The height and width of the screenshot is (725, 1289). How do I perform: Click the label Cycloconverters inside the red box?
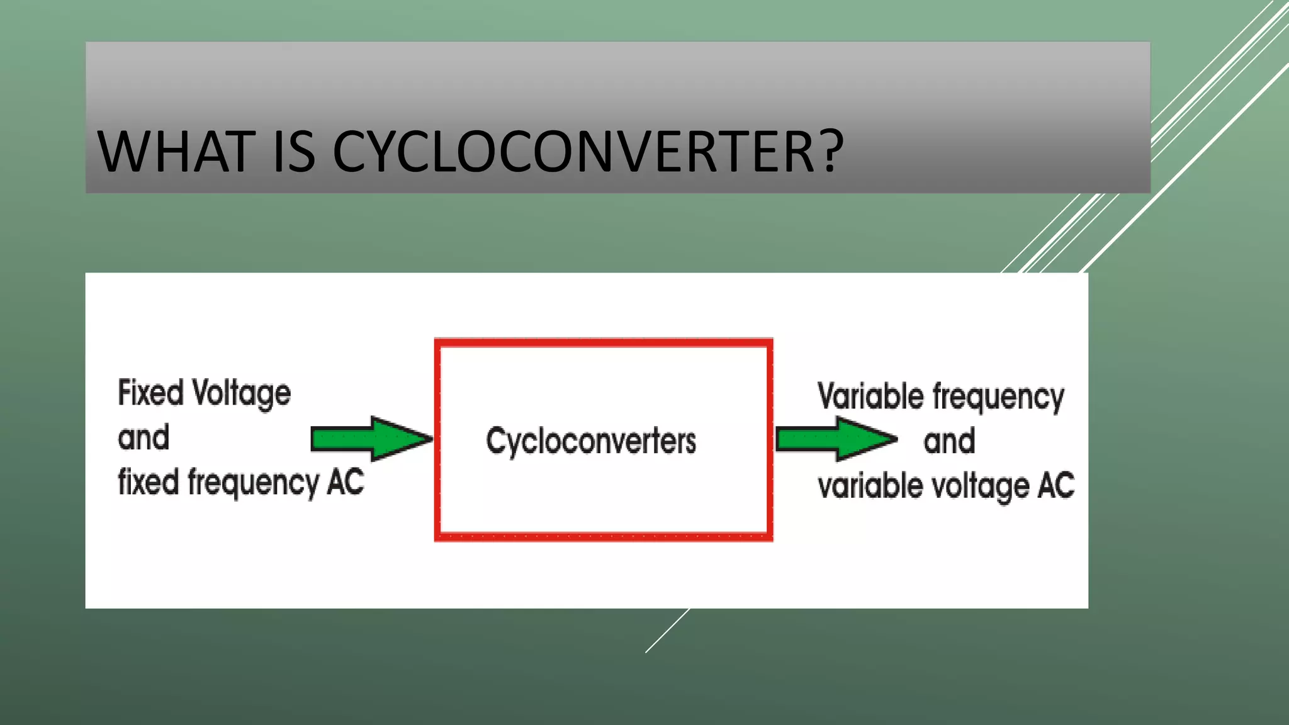591,441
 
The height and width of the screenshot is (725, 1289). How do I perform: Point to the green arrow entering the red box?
371,438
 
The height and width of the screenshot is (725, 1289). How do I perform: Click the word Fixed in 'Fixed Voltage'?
150,393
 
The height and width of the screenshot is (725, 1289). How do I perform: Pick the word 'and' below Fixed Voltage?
144,437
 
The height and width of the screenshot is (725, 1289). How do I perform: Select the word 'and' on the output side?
949,441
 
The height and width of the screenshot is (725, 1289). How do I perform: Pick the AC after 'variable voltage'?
1056,486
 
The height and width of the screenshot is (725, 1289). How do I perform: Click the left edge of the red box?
437,441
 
